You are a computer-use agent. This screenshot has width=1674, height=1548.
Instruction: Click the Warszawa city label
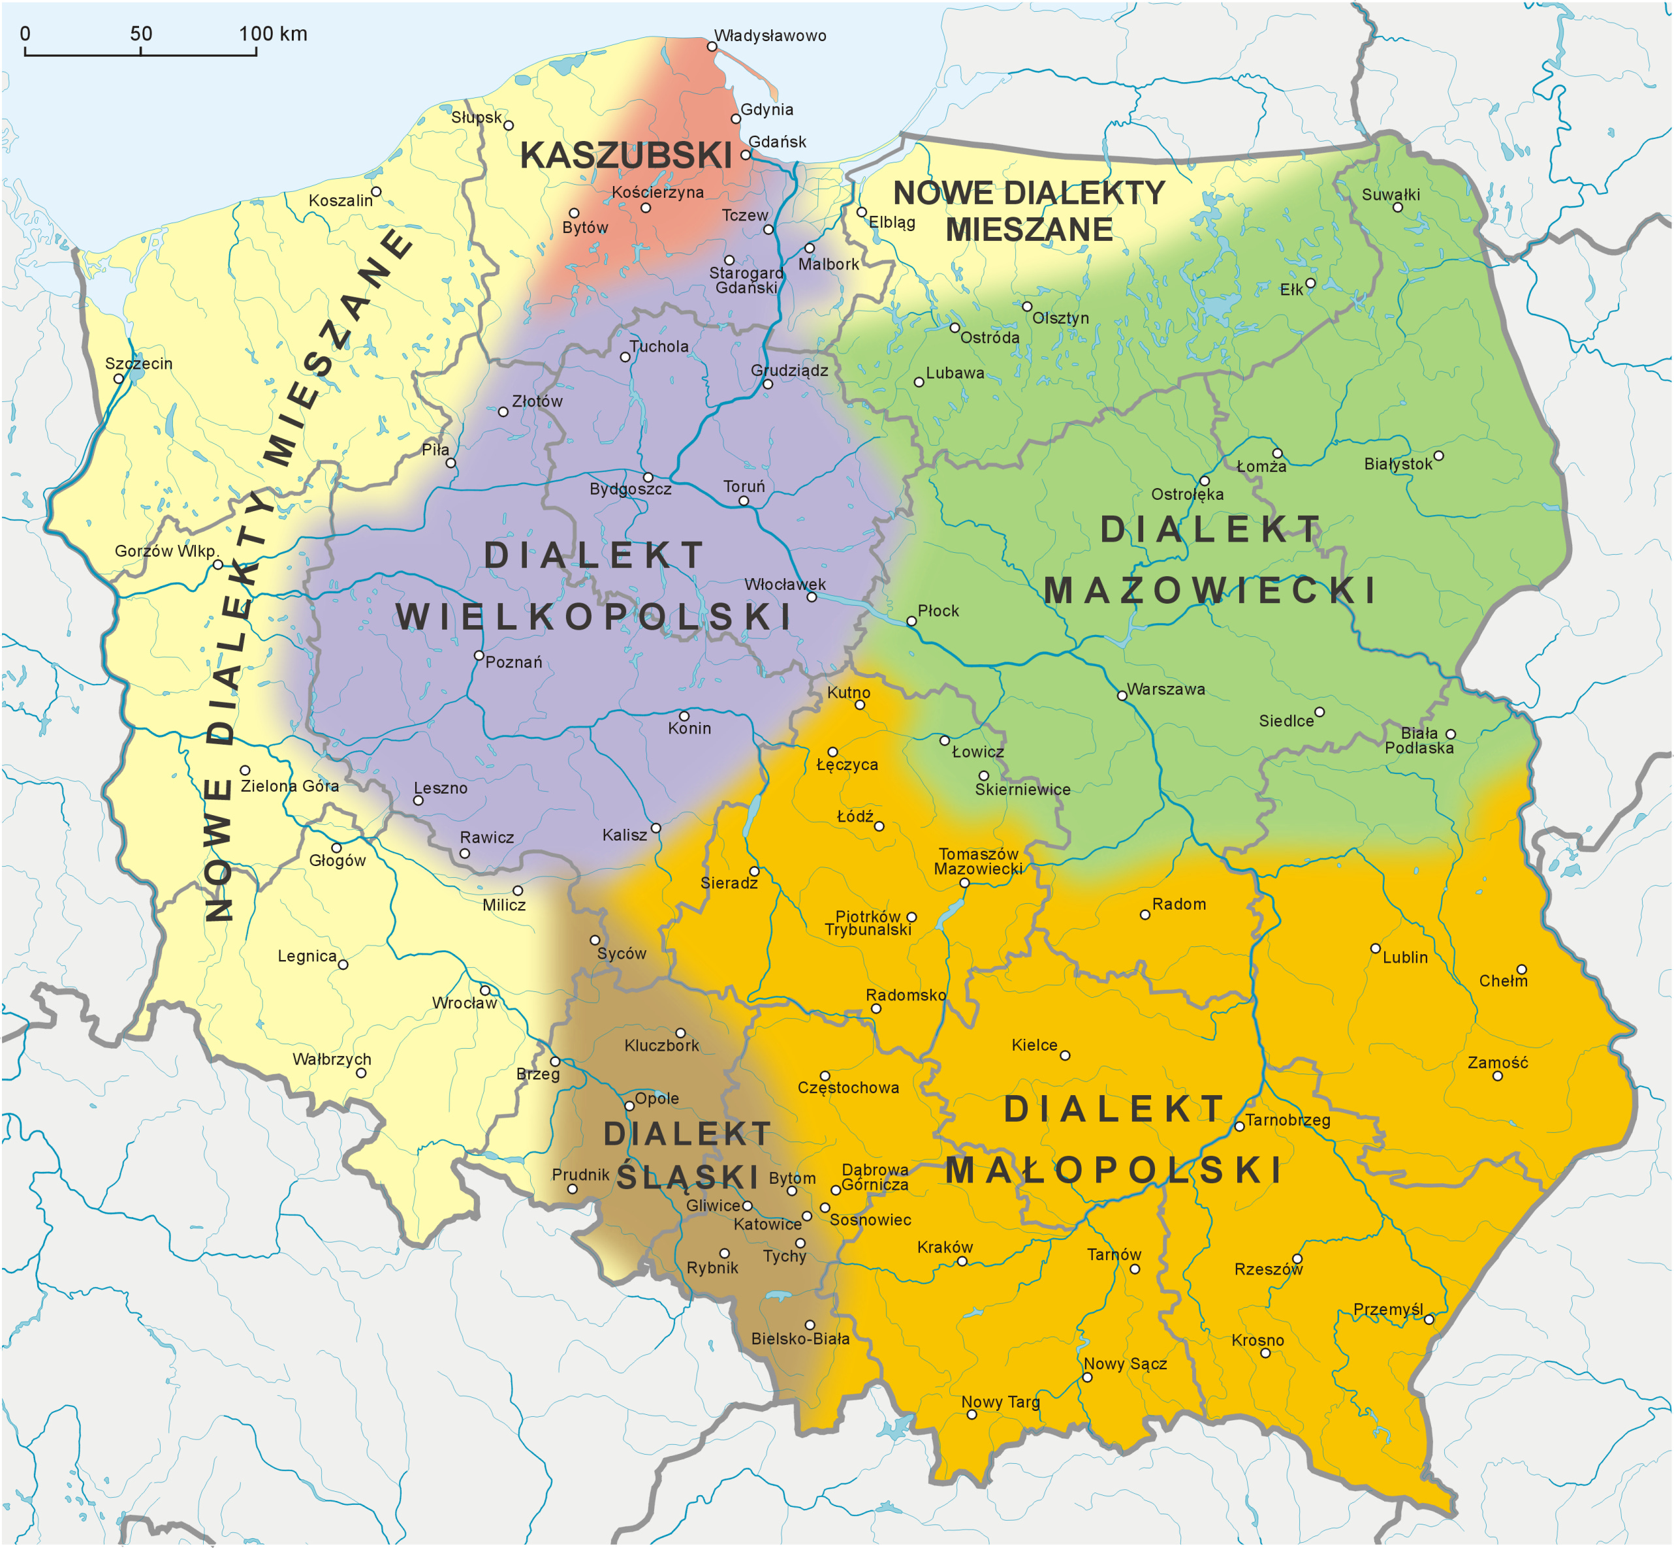[x=1165, y=689]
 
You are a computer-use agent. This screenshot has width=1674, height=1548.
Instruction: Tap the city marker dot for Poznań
[x=479, y=656]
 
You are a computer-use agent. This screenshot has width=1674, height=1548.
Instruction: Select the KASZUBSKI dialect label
[x=626, y=156]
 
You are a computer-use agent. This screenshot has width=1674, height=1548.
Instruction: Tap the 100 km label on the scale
[x=273, y=35]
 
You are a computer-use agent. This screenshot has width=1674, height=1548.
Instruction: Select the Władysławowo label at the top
[x=769, y=36]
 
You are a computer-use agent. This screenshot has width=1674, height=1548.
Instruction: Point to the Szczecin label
[x=139, y=364]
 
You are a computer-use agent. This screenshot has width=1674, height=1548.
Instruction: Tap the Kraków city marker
[x=962, y=1262]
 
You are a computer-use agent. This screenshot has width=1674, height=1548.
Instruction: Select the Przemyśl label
[x=1388, y=1309]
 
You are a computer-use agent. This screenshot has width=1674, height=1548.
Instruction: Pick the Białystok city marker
[x=1438, y=456]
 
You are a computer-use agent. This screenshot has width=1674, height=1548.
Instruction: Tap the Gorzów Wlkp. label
[x=166, y=551]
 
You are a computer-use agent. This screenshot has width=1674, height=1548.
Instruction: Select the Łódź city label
[x=855, y=816]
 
